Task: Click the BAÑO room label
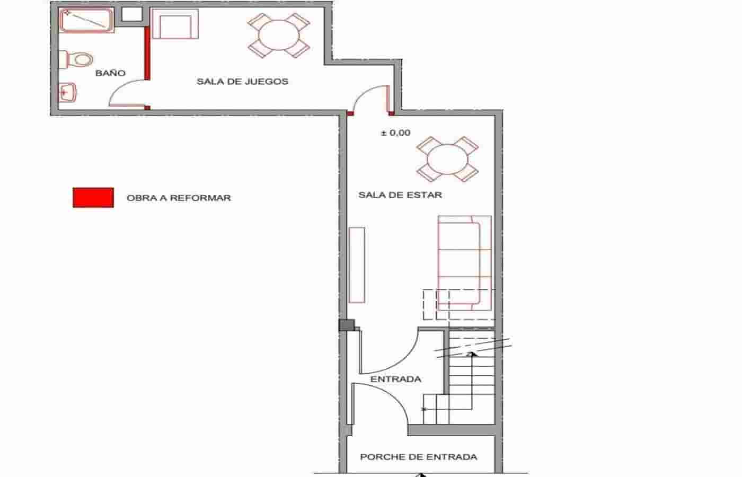pos(110,73)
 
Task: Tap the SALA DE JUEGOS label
pos(242,82)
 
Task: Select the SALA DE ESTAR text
pos(400,195)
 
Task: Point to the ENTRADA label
pos(396,379)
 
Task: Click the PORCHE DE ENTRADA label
pos(418,457)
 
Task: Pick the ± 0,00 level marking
pos(395,133)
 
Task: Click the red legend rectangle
pos(93,198)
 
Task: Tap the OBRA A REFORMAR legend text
pos(179,198)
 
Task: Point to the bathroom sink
pos(67,93)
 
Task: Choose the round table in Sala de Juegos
pos(278,35)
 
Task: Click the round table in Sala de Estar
pos(447,159)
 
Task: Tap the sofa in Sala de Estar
pos(464,262)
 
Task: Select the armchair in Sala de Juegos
pos(175,24)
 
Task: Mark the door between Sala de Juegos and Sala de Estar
pos(371,99)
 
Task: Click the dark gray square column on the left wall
pos(346,325)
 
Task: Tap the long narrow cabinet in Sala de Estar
pos(357,265)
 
